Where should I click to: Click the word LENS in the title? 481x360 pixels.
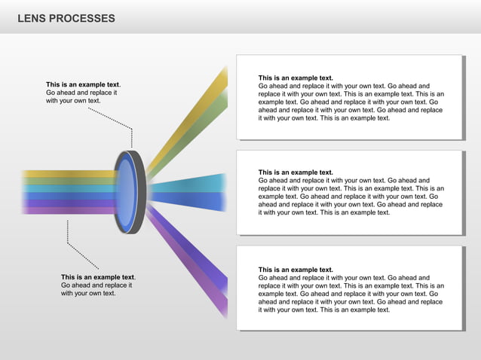31,18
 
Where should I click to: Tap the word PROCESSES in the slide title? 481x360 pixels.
82,18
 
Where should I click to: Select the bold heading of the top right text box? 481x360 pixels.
296,78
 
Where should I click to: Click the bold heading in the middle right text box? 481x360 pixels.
296,172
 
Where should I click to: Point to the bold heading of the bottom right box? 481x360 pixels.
296,270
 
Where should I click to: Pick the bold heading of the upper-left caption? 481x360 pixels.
82,84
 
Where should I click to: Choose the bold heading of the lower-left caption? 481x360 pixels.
97,277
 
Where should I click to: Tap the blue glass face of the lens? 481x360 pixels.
125,193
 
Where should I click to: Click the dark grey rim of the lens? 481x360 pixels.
140,192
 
